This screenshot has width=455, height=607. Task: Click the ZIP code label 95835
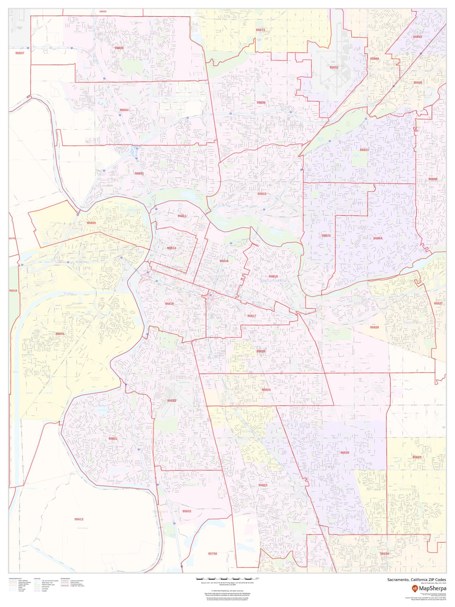pos(119,48)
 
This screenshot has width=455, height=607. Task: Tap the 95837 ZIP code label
pos(20,53)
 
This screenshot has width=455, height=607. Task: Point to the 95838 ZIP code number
pos(261,102)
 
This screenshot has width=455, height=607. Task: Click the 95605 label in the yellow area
pos(91,223)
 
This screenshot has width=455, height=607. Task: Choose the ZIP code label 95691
pos(60,334)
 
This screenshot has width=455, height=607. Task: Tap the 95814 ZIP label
pos(171,248)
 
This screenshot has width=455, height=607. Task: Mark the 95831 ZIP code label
pos(113,438)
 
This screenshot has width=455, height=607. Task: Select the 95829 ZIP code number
pos(417,457)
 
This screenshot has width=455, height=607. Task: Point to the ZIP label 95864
pos(378,238)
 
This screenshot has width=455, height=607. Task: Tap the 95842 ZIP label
pos(418,37)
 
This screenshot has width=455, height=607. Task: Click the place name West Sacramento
pos(79,305)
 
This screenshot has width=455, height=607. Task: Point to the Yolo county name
pos(68,294)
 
